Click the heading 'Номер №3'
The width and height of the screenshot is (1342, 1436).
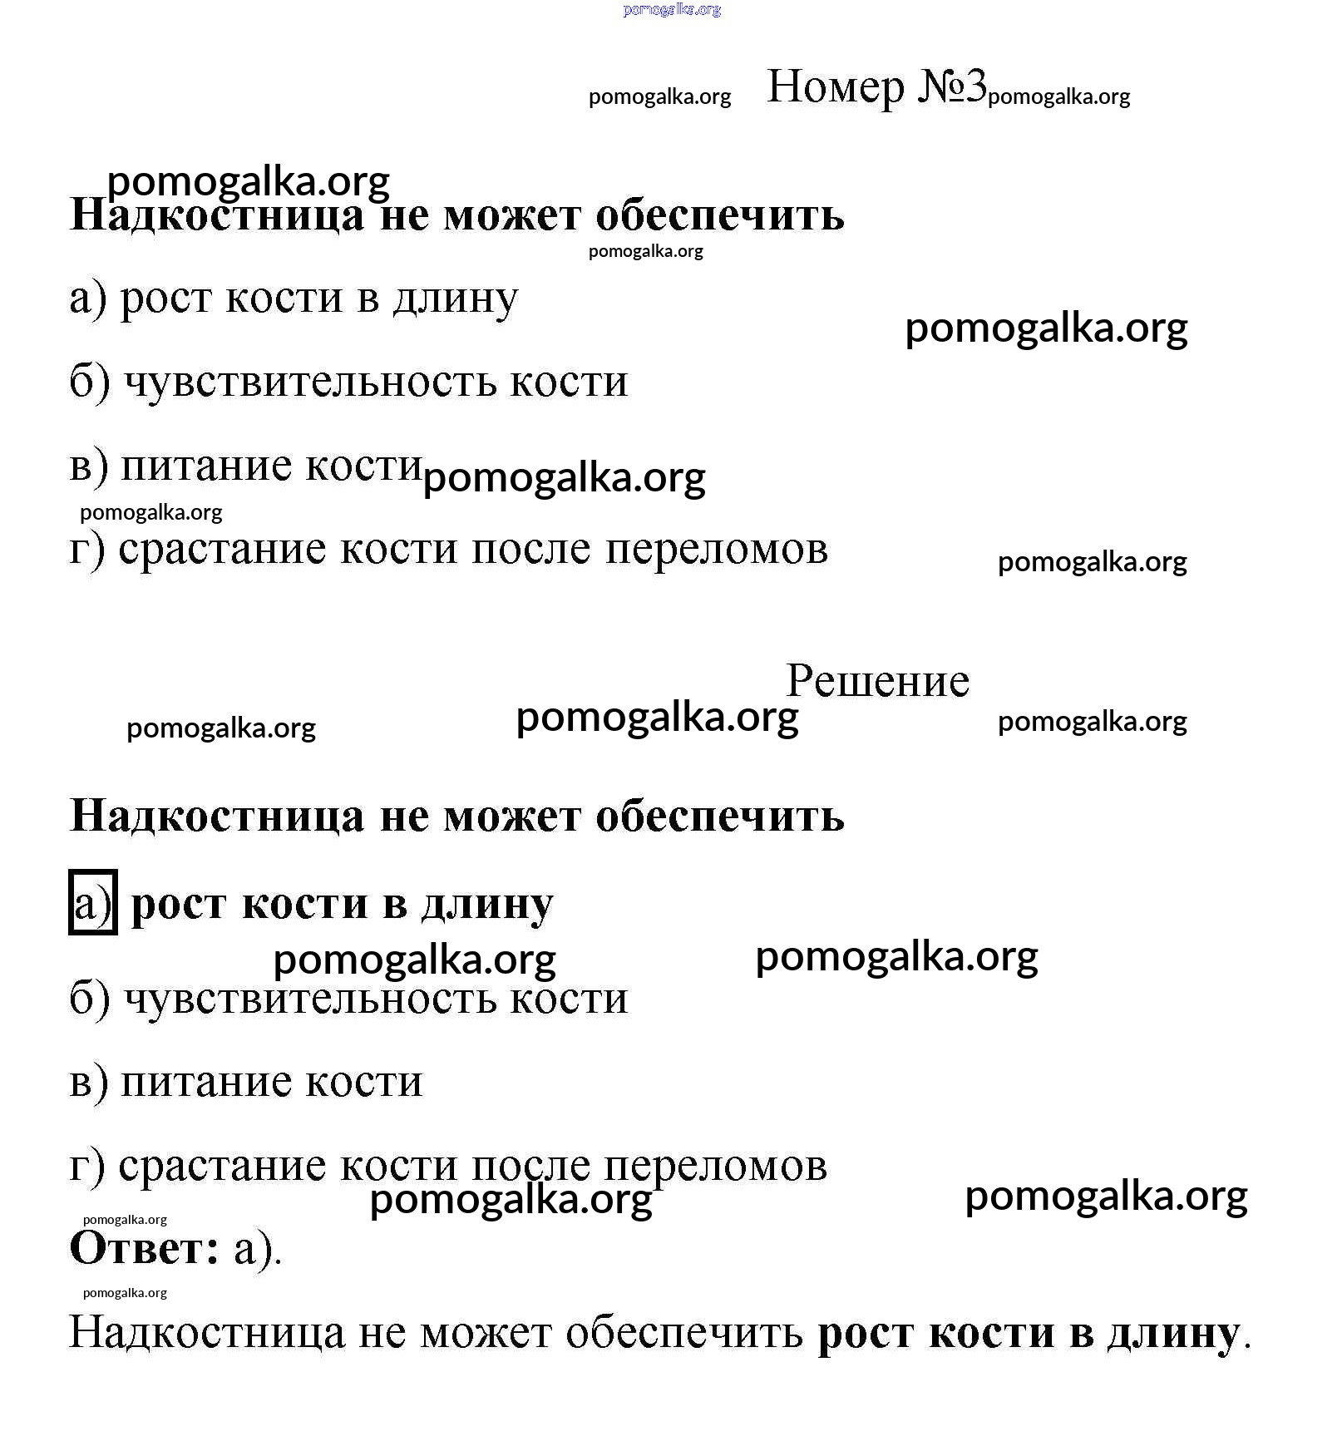coord(876,86)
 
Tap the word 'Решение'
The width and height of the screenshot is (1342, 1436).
coord(877,681)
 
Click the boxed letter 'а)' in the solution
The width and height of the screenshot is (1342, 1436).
coord(92,903)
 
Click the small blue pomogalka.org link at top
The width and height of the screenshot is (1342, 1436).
coord(671,10)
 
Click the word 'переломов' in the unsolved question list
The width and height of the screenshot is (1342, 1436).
coord(716,549)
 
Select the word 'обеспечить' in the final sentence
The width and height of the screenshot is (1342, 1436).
coord(684,1333)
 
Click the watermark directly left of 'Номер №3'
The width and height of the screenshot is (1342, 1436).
coord(659,96)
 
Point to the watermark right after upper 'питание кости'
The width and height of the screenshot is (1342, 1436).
coord(564,478)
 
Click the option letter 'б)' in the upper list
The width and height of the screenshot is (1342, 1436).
coord(90,382)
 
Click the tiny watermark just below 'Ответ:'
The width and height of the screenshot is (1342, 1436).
coord(125,1293)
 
